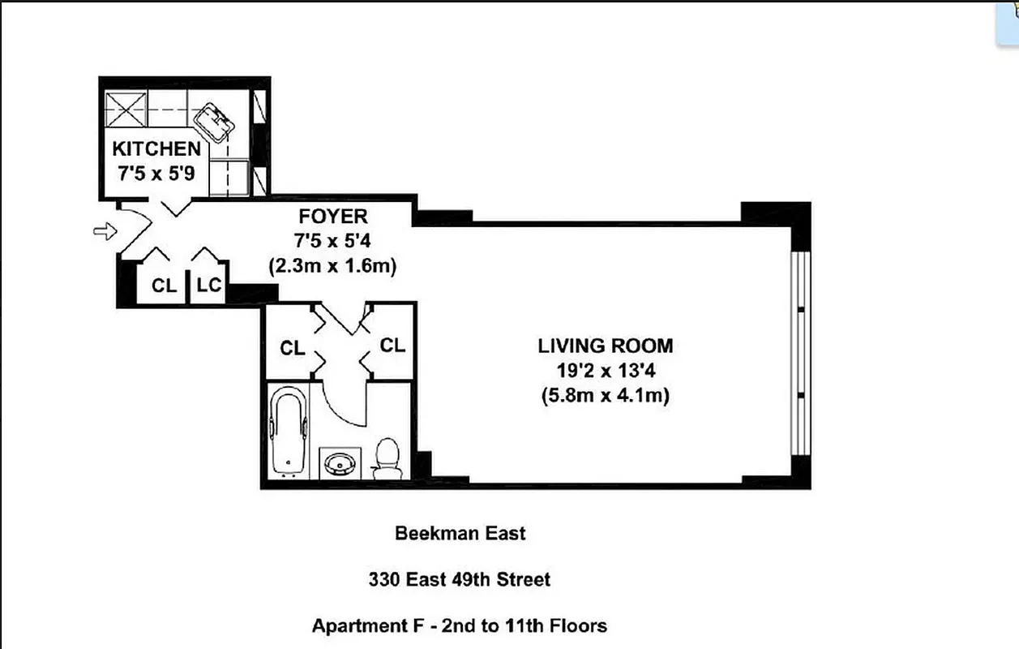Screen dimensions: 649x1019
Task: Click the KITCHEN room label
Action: (156, 148)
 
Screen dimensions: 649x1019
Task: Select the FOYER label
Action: (332, 217)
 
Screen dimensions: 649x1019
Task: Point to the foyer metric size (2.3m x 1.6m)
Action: (332, 265)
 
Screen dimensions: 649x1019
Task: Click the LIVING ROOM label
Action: (605, 346)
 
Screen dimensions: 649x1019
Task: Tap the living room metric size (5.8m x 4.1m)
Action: (605, 396)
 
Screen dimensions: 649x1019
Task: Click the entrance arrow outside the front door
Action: (105, 233)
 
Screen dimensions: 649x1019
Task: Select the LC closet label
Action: (209, 286)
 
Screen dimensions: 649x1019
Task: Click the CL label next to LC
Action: (165, 286)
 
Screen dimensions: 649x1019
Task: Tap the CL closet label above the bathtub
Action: (292, 348)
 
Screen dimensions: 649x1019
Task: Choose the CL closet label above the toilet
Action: (392, 346)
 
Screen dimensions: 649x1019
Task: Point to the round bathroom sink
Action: (339, 463)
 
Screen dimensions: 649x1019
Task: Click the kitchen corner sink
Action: (215, 122)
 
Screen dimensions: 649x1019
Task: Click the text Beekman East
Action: (460, 533)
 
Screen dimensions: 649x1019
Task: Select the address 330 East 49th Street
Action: (460, 579)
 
